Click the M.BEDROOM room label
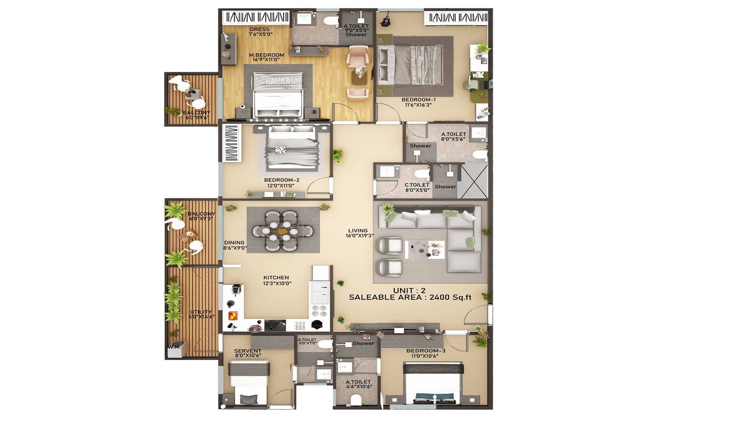[x=266, y=57]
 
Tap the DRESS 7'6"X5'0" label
[x=260, y=31]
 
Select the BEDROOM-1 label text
[x=418, y=102]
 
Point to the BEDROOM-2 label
[x=281, y=182]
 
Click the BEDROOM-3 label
[x=425, y=353]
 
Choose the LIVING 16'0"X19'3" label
[x=359, y=233]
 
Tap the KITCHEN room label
[x=277, y=280]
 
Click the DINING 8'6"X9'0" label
[x=234, y=245]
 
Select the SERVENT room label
[x=248, y=353]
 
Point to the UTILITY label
[x=201, y=314]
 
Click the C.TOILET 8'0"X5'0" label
[x=417, y=188]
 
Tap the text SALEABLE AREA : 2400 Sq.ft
[x=410, y=297]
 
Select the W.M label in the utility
[x=173, y=347]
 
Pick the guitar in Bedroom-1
[x=385, y=21]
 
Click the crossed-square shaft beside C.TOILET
[x=474, y=181]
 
